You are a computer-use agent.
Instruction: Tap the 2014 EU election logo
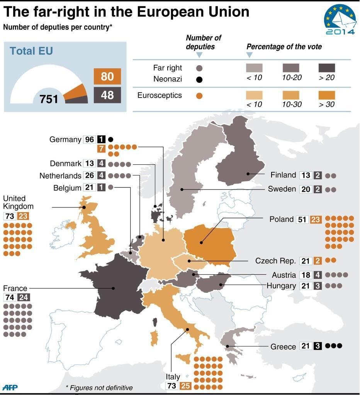(340, 21)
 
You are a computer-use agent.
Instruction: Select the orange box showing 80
(107, 76)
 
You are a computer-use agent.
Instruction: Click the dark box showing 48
(107, 95)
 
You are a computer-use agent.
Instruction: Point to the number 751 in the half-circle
(49, 99)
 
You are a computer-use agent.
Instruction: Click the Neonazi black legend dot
(199, 80)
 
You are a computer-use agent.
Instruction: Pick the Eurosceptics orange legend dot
(199, 96)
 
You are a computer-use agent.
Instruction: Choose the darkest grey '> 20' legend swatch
(326, 68)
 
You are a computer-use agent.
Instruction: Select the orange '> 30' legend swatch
(326, 95)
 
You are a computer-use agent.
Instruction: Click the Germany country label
(65, 140)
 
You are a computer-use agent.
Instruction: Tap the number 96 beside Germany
(89, 140)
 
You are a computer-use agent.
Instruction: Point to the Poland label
(282, 219)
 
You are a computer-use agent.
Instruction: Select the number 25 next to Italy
(185, 386)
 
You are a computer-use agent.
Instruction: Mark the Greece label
(283, 346)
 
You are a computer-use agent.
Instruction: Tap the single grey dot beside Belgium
(110, 188)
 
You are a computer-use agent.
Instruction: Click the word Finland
(283, 175)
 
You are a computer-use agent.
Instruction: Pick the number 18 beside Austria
(306, 275)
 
